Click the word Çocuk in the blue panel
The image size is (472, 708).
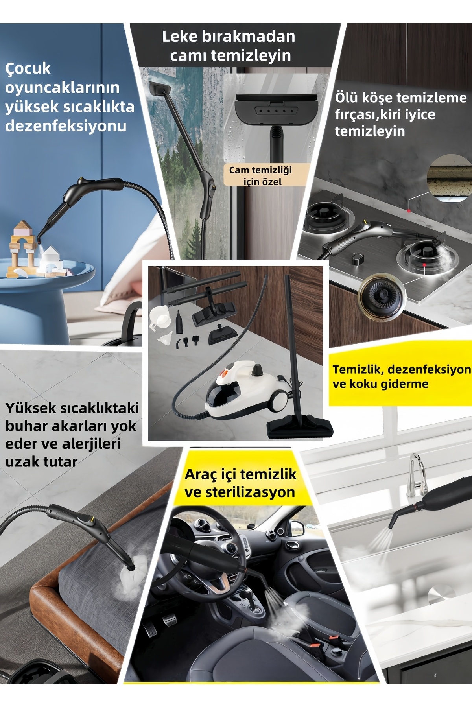tap(28, 69)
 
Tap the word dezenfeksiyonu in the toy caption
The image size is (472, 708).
tap(66, 126)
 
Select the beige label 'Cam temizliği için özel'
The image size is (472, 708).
tap(260, 175)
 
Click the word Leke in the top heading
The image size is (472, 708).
tap(180, 37)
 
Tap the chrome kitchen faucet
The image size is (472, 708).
tap(418, 474)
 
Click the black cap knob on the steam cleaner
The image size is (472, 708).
tap(258, 369)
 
